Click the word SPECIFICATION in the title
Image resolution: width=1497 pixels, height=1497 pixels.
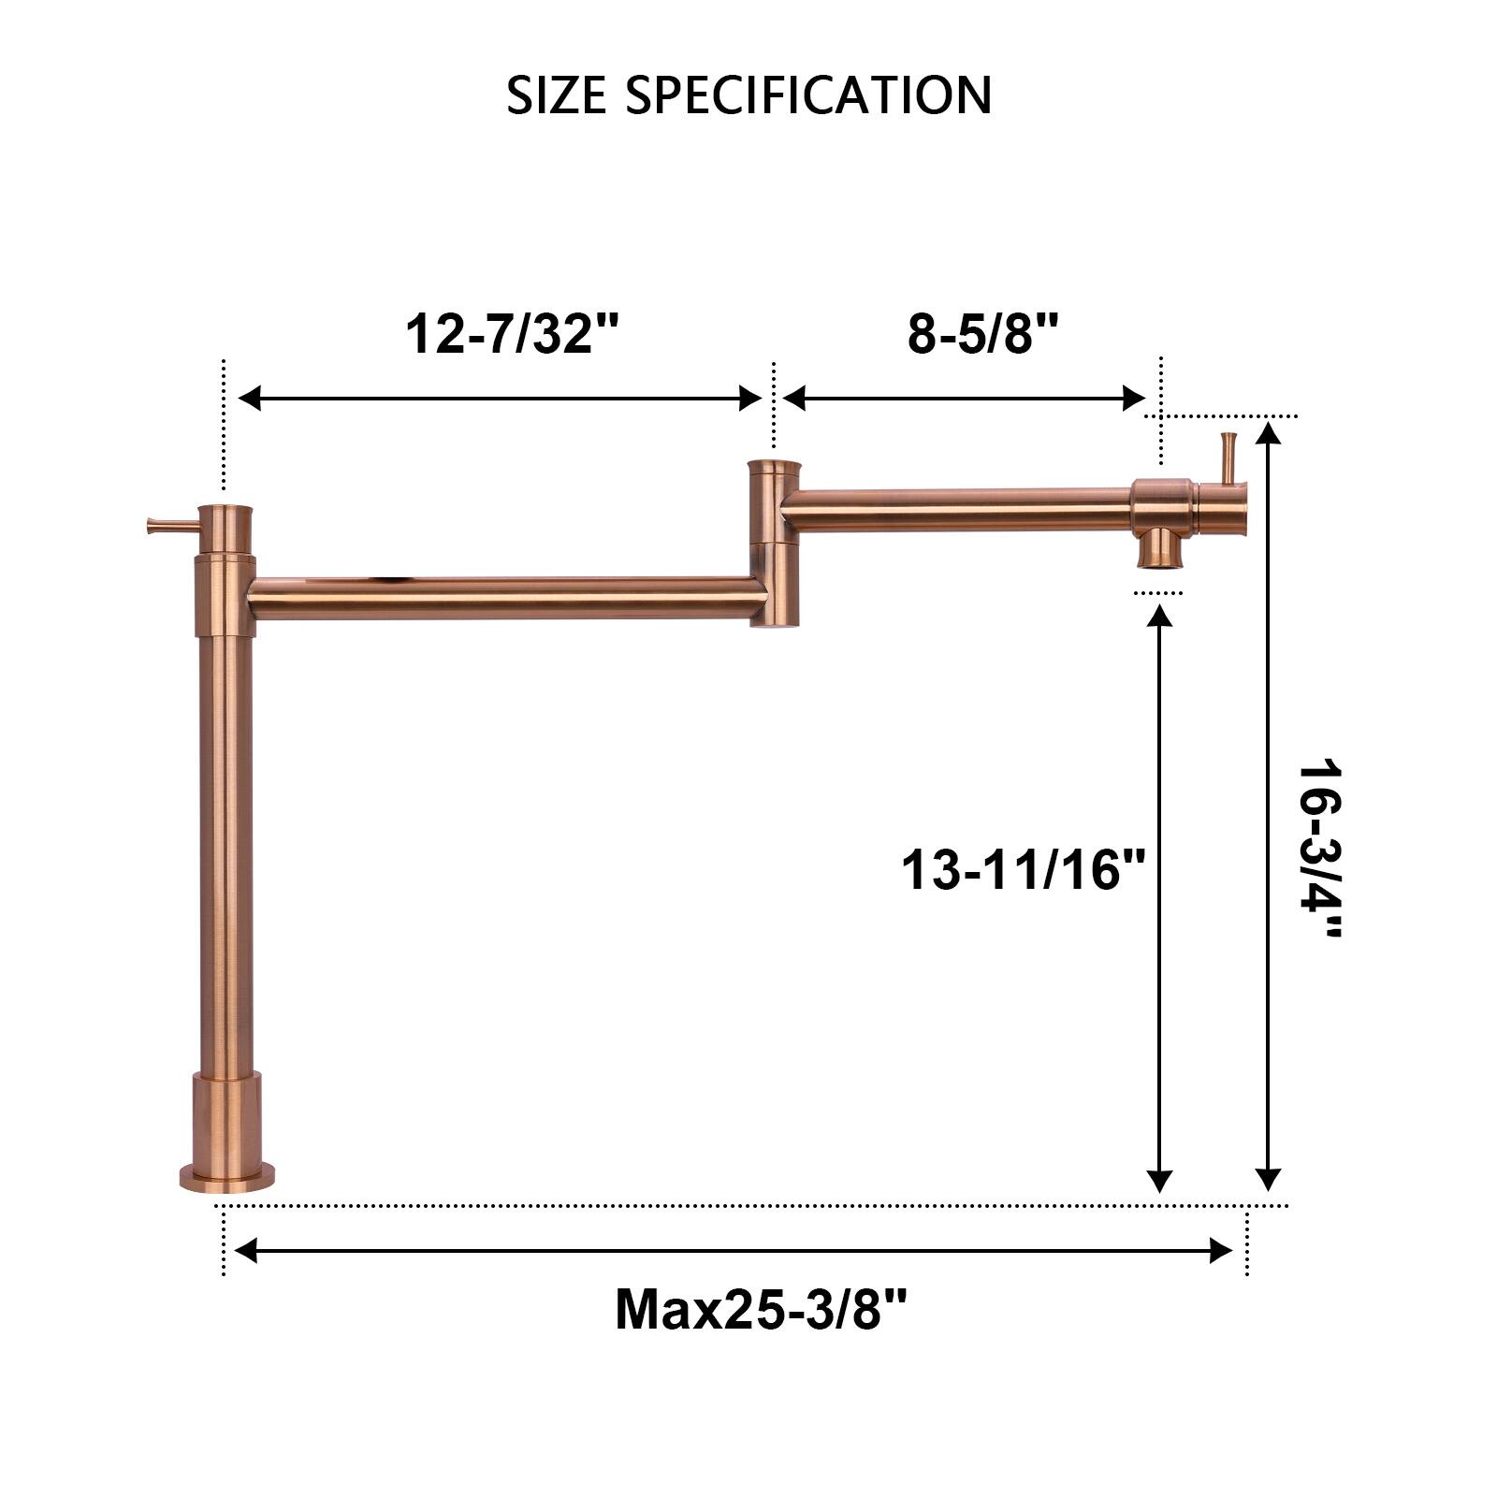click(808, 95)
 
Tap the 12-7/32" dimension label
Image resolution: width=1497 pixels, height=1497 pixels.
click(513, 333)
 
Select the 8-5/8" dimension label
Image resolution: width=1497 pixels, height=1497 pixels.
click(982, 333)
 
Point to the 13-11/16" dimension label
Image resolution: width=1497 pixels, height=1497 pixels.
click(1024, 870)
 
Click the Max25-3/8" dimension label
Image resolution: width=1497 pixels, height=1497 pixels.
click(761, 1309)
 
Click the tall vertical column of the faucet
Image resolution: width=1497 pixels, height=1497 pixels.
click(225, 842)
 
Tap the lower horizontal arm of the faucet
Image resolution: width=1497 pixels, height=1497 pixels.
click(505, 598)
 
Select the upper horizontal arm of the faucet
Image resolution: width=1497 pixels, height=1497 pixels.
click(954, 510)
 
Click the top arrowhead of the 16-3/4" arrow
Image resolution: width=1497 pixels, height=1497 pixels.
click(1268, 433)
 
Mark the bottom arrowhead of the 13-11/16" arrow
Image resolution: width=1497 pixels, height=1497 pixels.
click(1160, 1181)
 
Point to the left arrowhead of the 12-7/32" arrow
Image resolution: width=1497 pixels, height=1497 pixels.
click(249, 399)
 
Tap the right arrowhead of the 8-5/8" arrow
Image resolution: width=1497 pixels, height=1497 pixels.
click(1135, 399)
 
